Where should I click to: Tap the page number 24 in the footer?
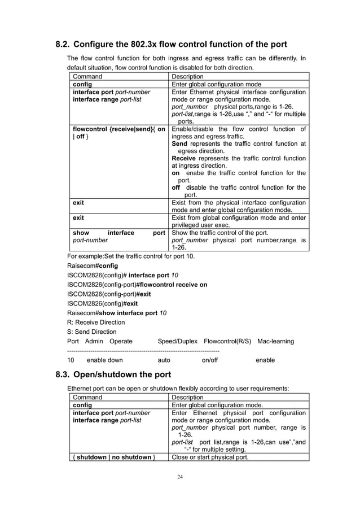tap(180, 477)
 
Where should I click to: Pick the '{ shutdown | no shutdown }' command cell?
tap(113, 457)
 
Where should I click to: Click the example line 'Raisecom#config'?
tap(93, 264)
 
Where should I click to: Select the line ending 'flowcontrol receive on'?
tap(137, 285)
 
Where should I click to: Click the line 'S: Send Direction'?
tap(91, 332)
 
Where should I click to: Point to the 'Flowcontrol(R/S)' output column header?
tap(227, 341)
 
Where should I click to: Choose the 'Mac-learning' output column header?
tap(275, 341)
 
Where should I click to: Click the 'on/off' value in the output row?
tap(210, 360)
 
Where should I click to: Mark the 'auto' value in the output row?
tap(164, 360)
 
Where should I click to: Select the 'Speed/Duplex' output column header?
tap(177, 341)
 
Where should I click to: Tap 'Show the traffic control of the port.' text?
tap(220, 232)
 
